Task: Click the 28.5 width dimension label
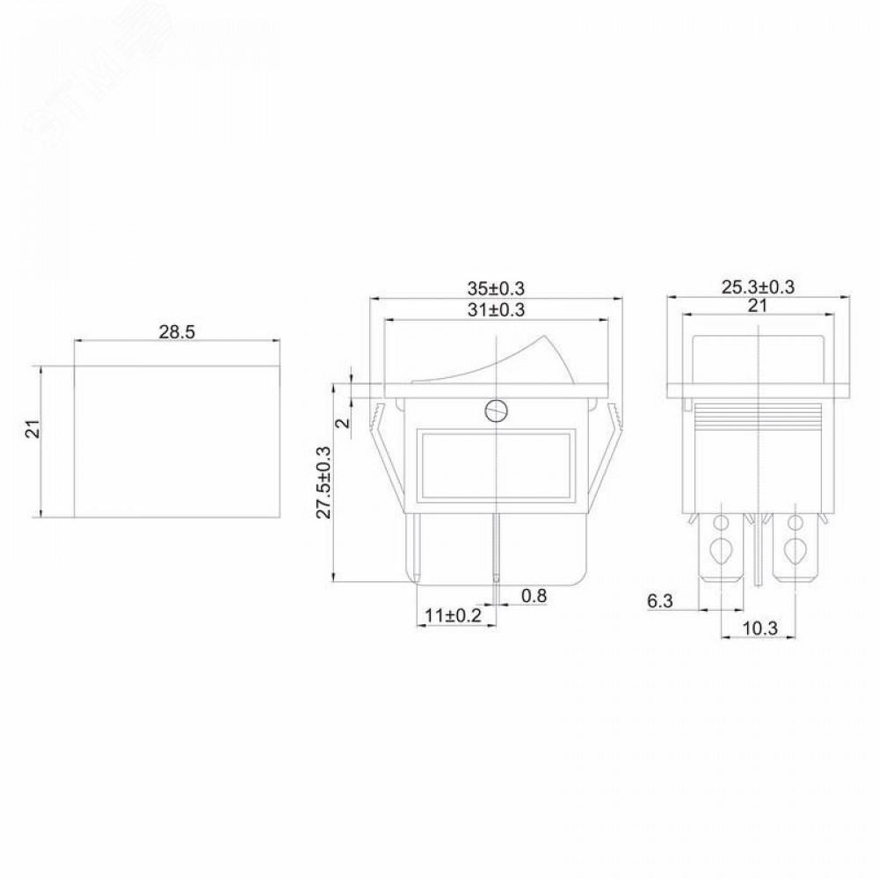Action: (177, 332)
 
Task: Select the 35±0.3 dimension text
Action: (496, 288)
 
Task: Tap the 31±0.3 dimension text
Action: (496, 309)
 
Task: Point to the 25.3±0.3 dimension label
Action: (758, 287)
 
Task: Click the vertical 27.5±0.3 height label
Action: (324, 482)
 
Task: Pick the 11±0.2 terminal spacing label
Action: (453, 615)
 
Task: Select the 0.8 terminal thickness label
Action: (534, 595)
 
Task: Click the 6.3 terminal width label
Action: (660, 601)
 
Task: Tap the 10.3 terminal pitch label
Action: (760, 628)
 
